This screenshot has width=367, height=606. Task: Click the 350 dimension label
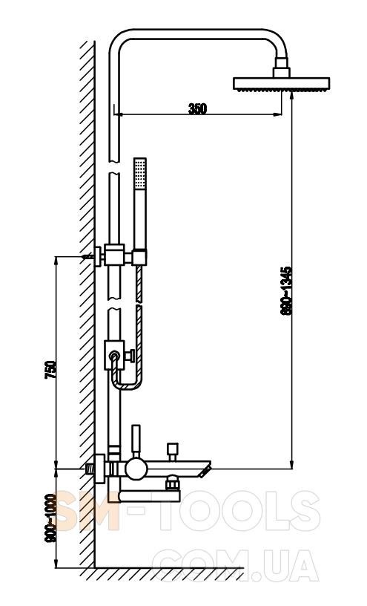197,108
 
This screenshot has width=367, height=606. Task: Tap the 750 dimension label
50,370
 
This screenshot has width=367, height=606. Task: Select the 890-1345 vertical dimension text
286,290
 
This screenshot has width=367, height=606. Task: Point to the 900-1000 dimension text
50,518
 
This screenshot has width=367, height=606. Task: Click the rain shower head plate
281,83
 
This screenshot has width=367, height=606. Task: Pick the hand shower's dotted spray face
139,174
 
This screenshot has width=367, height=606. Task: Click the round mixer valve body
136,469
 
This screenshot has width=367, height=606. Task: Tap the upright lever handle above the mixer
136,441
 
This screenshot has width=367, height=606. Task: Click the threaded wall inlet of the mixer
90,469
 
